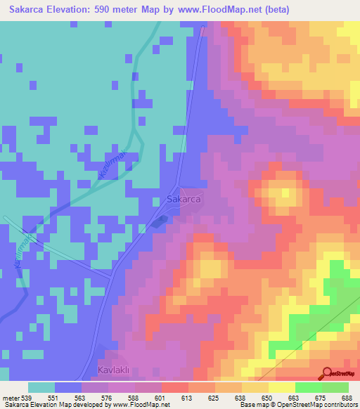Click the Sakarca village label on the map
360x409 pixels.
coord(185,200)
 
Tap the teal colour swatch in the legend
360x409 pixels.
coord(41,387)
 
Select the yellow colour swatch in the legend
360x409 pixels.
coord(281,387)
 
